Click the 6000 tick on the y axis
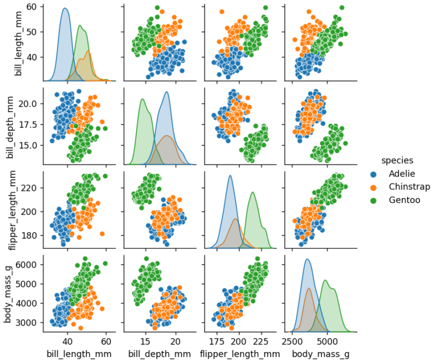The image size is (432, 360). [x=27, y=264]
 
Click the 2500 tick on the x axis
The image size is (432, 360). [x=292, y=341]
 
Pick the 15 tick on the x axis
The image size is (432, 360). [x=145, y=341]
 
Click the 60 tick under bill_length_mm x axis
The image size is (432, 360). [x=105, y=341]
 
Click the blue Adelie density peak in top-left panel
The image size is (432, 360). [x=65, y=8]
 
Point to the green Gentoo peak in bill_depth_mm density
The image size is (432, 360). [x=142, y=100]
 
